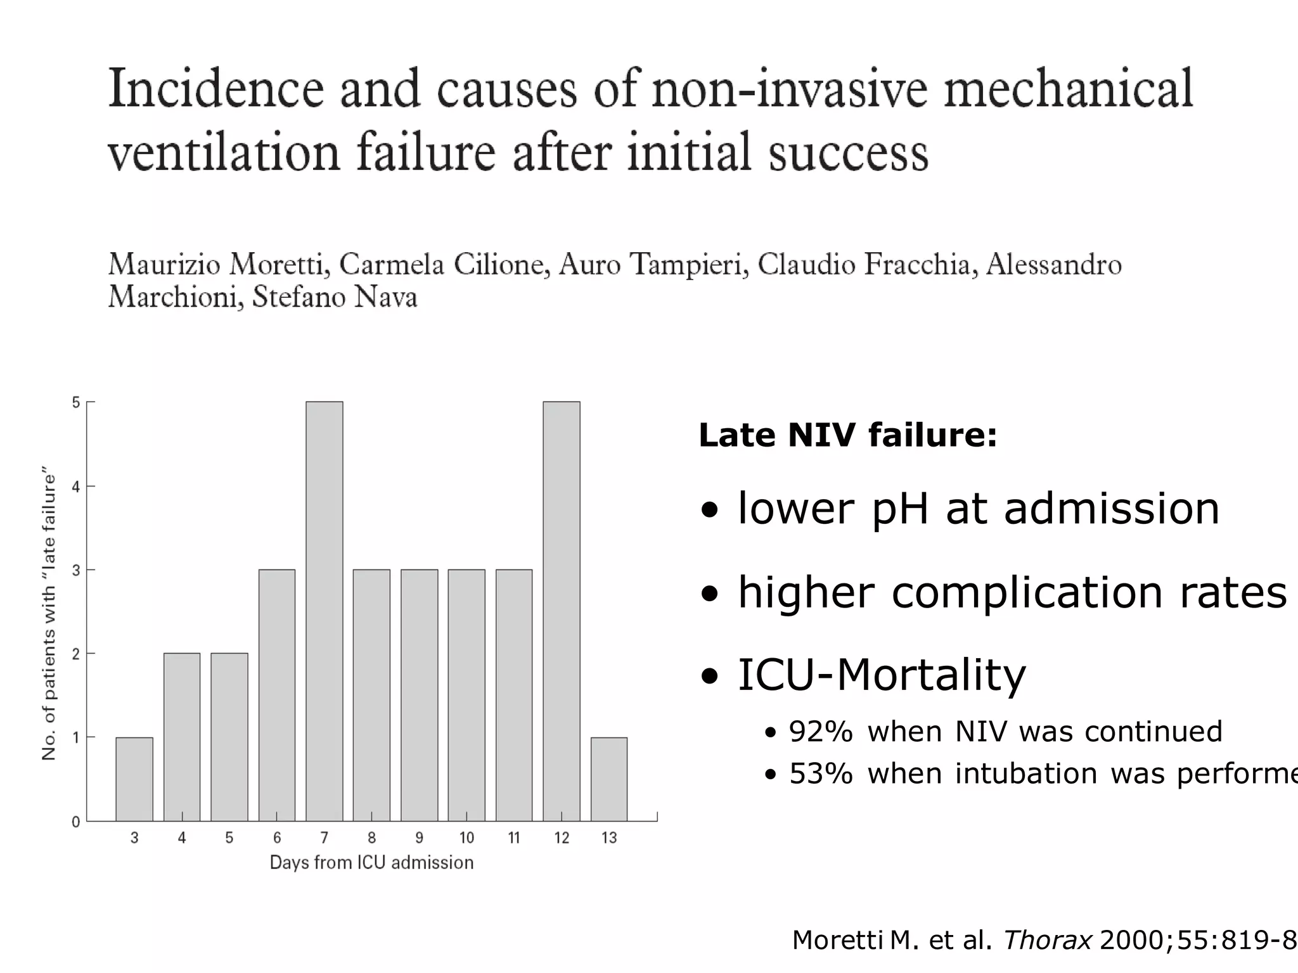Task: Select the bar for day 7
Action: coord(324,611)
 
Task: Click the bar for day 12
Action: coord(562,611)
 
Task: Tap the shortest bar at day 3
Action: coord(134,779)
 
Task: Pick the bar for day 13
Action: coord(609,779)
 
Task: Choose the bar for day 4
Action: coord(182,737)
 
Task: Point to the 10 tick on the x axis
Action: coord(466,837)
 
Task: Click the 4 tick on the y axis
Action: coord(76,486)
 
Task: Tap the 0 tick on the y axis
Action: coord(76,822)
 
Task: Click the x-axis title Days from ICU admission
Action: coord(371,863)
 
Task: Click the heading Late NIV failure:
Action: coord(847,435)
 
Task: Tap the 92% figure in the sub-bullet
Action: coord(820,732)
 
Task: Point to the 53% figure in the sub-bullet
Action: coord(820,773)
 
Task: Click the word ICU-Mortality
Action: coord(881,675)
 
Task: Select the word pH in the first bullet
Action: coord(900,509)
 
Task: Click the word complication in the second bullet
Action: coord(1027,593)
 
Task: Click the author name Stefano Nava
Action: coord(335,297)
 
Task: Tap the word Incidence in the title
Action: coord(216,89)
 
